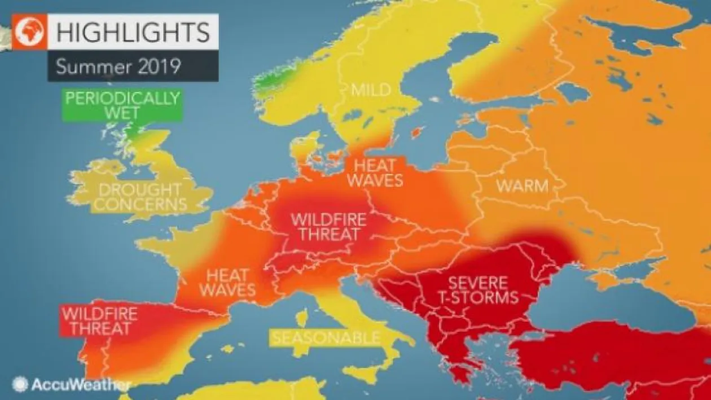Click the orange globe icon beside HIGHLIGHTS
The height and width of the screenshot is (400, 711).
(29, 33)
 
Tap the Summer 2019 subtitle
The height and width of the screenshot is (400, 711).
(118, 67)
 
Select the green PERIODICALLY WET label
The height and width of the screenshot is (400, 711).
(122, 106)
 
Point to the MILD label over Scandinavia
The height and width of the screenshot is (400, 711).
(370, 90)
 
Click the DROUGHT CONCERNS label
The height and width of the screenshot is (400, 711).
(139, 197)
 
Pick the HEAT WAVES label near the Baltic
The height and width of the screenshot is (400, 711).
(375, 173)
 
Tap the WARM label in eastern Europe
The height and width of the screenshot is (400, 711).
(522, 186)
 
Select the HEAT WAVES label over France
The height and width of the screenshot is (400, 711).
(227, 283)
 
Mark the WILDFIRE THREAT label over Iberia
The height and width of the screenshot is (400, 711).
(99, 321)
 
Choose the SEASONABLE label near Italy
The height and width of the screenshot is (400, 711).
(326, 338)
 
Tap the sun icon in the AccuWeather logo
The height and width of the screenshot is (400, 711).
(20, 385)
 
